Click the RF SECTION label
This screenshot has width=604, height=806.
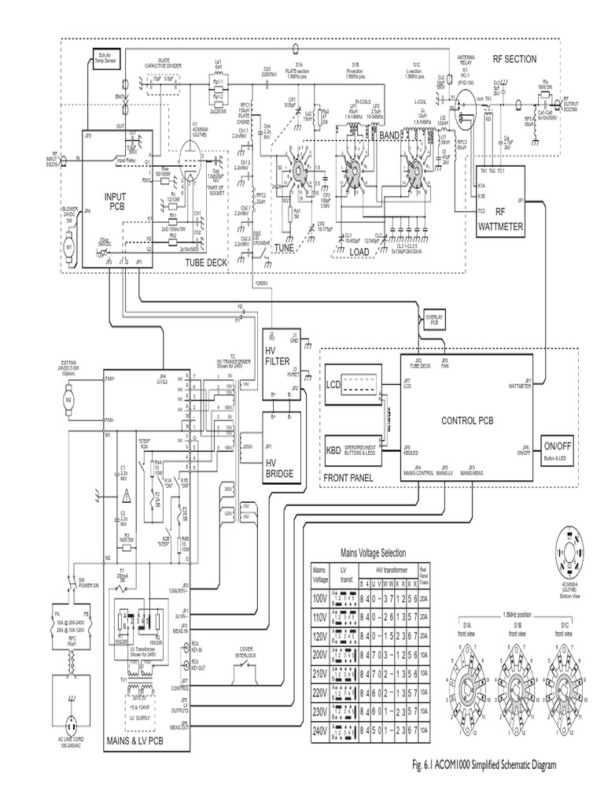[x=514, y=59]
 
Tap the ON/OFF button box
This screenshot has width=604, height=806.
[x=558, y=448]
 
